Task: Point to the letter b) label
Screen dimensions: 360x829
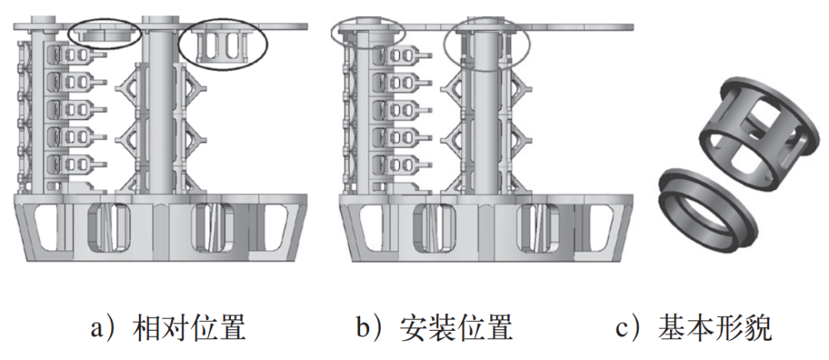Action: click(x=370, y=329)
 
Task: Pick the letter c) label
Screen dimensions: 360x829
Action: click(x=629, y=329)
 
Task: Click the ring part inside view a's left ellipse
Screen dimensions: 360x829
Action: click(x=104, y=35)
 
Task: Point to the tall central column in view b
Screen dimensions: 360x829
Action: click(x=485, y=115)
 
